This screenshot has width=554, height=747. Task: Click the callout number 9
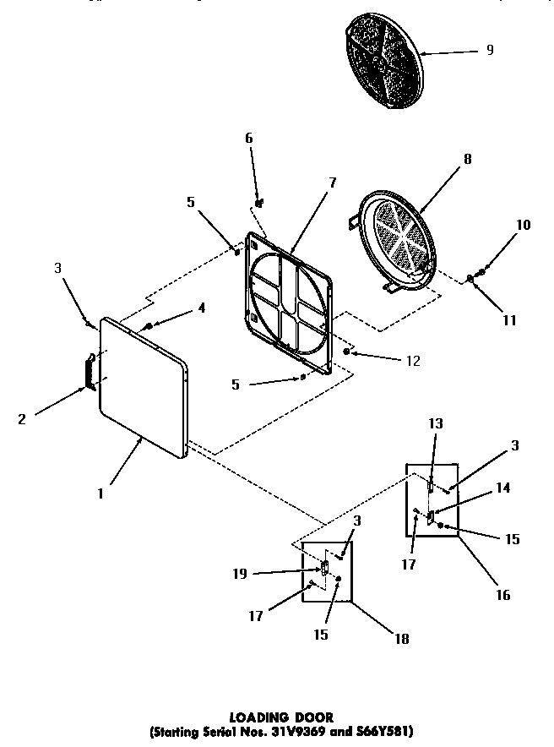tap(489, 51)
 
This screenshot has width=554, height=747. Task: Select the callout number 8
tap(467, 159)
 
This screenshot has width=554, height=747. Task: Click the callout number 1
tap(100, 494)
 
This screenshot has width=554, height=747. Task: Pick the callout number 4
tap(201, 308)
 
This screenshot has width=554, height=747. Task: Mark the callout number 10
tap(524, 225)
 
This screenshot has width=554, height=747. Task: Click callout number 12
tap(413, 360)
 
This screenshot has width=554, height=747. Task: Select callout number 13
tap(436, 423)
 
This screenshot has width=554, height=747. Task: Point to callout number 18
tap(401, 639)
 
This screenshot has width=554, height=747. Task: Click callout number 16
tap(503, 595)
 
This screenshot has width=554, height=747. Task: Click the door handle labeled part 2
tap(88, 372)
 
